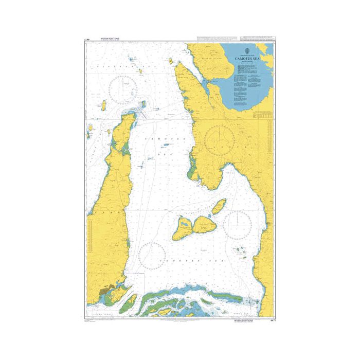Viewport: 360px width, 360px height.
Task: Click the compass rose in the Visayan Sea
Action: tap(123, 89)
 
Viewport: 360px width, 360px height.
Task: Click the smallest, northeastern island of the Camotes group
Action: tap(219, 206)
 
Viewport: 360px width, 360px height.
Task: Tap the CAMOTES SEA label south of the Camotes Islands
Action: tap(177, 262)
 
